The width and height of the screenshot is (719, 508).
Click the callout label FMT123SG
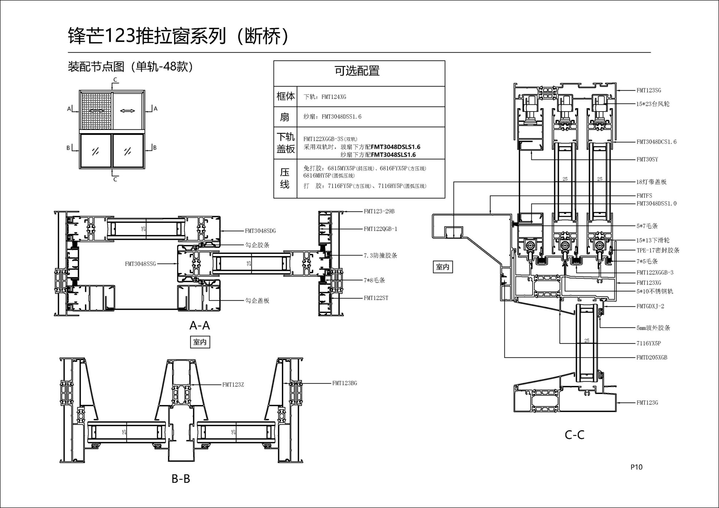pyautogui.click(x=649, y=90)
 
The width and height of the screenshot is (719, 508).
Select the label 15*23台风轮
pyautogui.click(x=653, y=104)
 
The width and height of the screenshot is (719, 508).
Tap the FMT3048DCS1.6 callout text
pyautogui.click(x=656, y=142)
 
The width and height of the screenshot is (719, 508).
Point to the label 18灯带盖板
pyautogui.click(x=651, y=182)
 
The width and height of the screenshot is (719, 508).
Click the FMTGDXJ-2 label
pyautogui.click(x=650, y=306)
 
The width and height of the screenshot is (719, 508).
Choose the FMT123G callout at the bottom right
pyautogui.click(x=647, y=403)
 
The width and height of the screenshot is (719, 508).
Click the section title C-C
pyautogui.click(x=574, y=435)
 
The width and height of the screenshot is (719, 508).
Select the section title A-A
pyautogui.click(x=200, y=325)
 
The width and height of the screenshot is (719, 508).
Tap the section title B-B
pyautogui.click(x=181, y=478)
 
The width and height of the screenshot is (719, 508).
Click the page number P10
pyautogui.click(x=636, y=467)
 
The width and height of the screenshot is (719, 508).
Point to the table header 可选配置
pyautogui.click(x=357, y=71)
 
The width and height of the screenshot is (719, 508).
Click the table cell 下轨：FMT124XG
pyautogui.click(x=325, y=97)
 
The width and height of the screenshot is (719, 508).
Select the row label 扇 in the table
pyautogui.click(x=285, y=117)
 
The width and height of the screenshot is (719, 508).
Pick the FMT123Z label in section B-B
pyautogui.click(x=233, y=385)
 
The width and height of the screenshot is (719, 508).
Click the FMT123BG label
pyautogui.click(x=345, y=383)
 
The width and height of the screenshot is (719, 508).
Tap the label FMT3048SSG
pyautogui.click(x=140, y=264)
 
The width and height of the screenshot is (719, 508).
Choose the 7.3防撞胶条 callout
pyautogui.click(x=380, y=255)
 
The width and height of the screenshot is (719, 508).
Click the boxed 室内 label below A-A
pyautogui.click(x=200, y=342)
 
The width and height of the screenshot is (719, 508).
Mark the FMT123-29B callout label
pyautogui.click(x=379, y=211)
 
